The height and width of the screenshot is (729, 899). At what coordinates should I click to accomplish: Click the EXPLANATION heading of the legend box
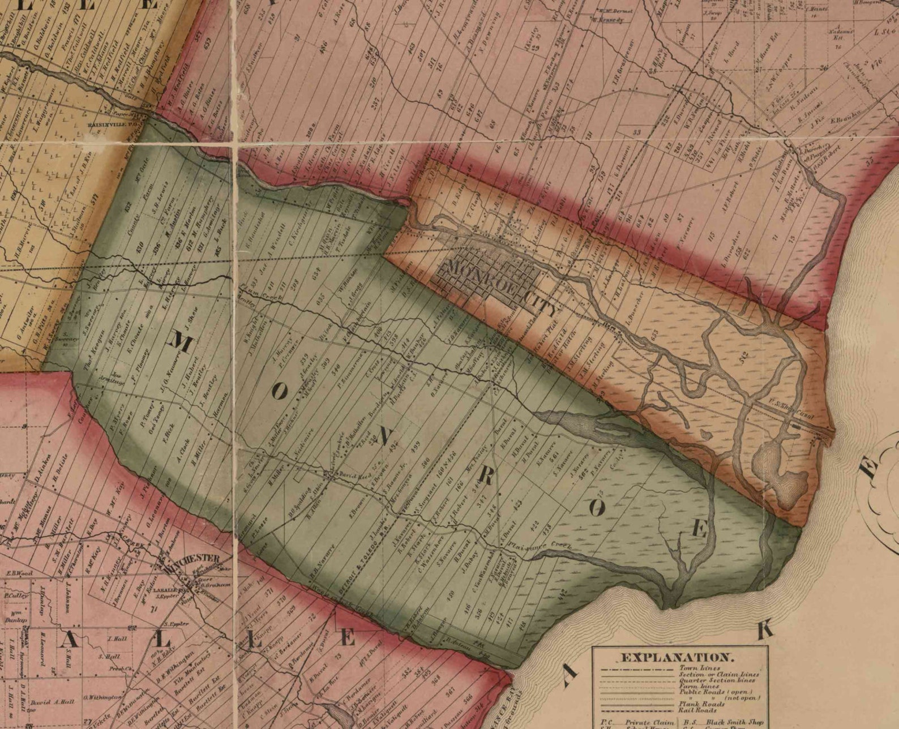click(677, 658)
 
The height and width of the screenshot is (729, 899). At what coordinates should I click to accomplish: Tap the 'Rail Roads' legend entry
click(698, 710)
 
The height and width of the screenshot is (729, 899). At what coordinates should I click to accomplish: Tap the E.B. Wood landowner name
click(19, 574)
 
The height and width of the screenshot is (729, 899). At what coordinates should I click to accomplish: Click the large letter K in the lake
click(765, 630)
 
